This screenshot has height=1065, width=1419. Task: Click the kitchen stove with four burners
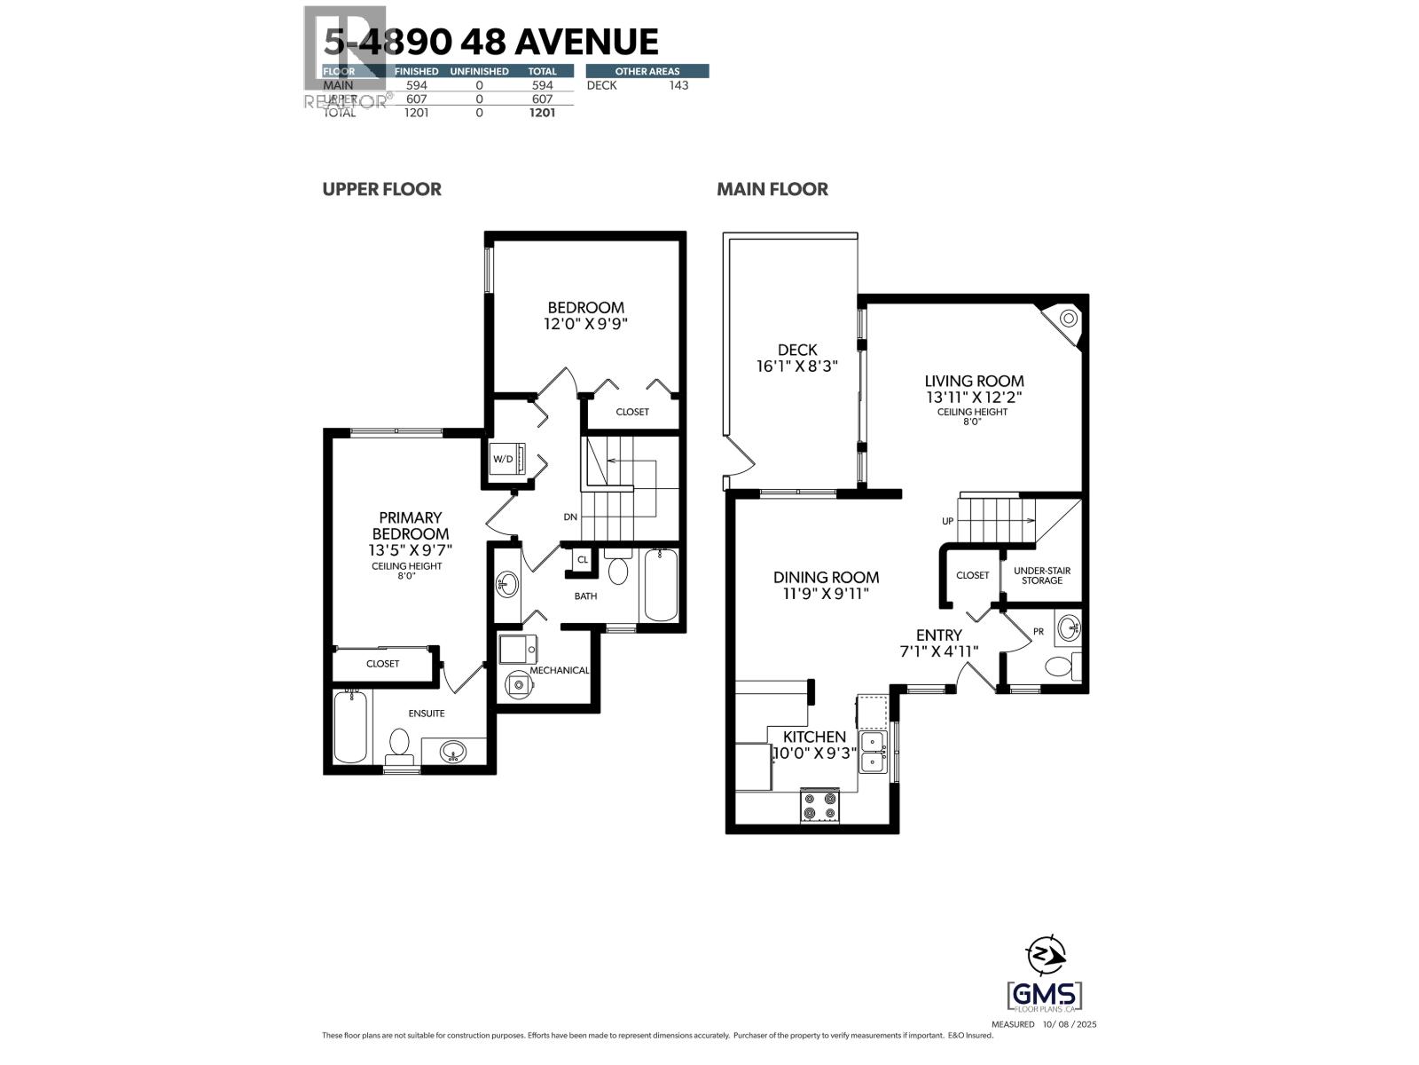click(x=819, y=805)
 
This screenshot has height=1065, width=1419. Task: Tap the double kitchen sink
click(x=873, y=752)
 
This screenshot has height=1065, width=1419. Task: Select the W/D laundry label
click(x=503, y=459)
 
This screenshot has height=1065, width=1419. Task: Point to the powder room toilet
click(x=1061, y=666)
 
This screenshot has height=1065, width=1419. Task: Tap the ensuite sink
click(x=453, y=752)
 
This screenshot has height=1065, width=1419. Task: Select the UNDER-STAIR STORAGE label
click(x=1041, y=575)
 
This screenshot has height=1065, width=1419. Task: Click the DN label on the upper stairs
click(x=570, y=517)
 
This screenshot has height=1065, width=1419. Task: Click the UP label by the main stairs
click(x=947, y=521)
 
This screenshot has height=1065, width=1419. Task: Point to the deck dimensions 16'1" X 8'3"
click(x=796, y=366)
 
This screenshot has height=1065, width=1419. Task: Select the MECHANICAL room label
click(x=559, y=670)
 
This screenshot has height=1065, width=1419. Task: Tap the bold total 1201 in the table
click(x=542, y=113)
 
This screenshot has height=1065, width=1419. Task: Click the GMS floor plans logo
click(x=1045, y=995)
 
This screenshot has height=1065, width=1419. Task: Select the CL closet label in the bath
click(x=583, y=560)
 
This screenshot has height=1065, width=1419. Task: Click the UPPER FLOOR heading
click(x=381, y=189)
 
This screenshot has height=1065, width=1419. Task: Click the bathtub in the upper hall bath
click(x=660, y=586)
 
